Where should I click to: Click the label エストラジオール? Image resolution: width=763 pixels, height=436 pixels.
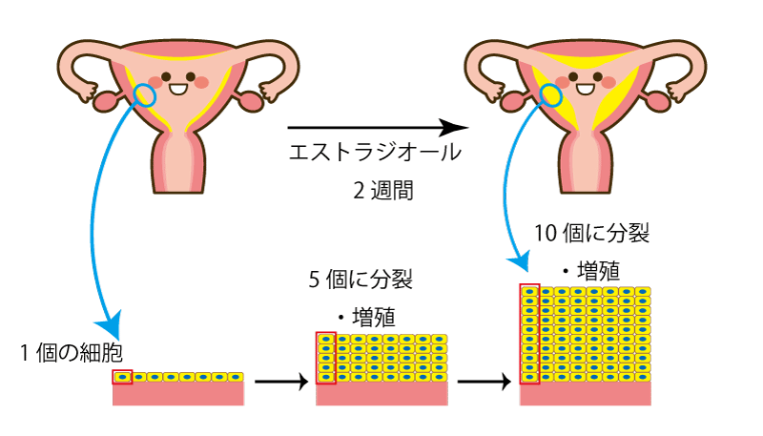tap(375, 153)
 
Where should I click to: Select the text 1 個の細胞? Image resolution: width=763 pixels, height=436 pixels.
tap(72, 351)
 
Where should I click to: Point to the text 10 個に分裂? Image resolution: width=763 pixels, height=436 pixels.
tap(591, 232)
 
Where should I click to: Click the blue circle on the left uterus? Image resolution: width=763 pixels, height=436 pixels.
tap(144, 93)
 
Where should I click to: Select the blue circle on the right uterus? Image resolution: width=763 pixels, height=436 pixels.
tap(552, 93)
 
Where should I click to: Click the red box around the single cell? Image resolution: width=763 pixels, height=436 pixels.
tap(122, 377)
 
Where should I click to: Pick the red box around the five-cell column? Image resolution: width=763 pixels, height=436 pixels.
tap(325, 358)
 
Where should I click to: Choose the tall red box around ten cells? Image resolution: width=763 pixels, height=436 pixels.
tap(529, 334)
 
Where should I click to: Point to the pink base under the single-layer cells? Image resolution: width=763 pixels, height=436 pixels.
tap(178, 394)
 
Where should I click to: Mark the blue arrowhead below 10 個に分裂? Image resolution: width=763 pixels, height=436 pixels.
tap(521, 259)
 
